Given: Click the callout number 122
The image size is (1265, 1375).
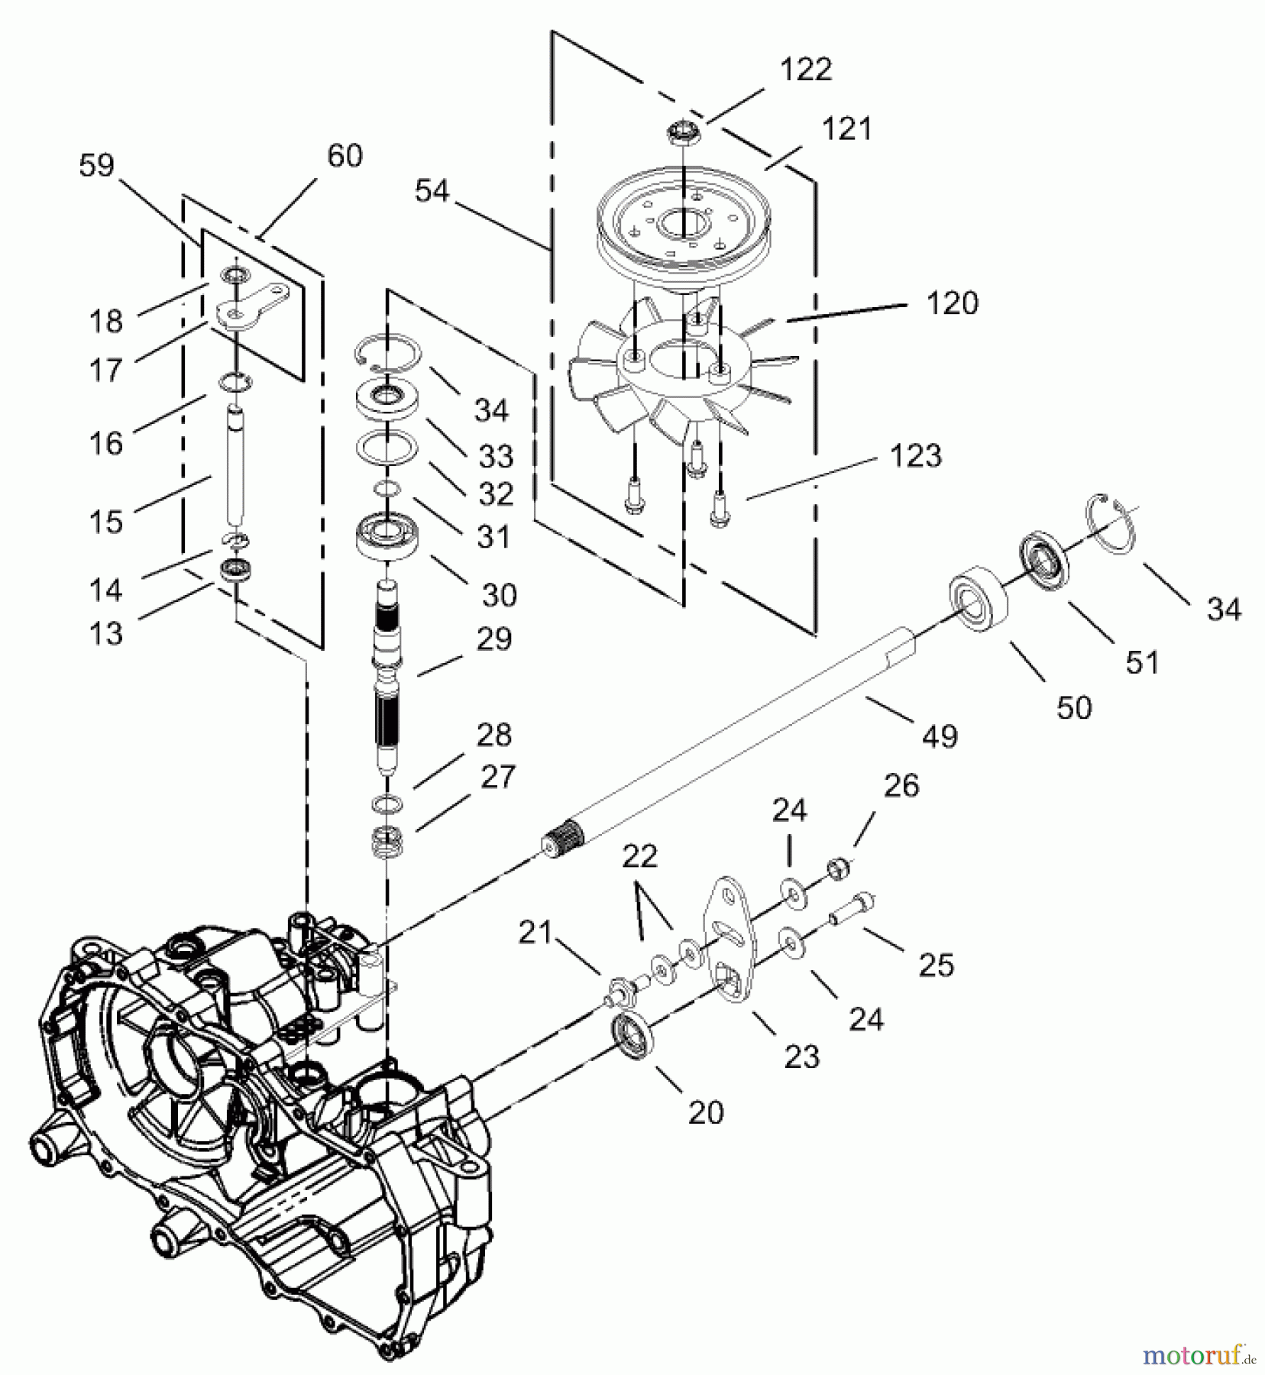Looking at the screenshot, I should tap(805, 70).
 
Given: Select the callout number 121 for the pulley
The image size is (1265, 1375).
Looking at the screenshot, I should tap(846, 128).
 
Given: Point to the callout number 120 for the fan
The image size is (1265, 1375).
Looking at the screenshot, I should tap(952, 303).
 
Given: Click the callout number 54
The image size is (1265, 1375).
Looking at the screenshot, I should tap(432, 190).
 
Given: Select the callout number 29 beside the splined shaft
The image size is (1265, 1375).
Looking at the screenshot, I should tap(493, 639).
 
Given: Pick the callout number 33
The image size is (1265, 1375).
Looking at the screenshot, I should tap(496, 457).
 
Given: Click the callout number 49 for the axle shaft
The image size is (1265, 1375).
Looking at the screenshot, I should tap(939, 736).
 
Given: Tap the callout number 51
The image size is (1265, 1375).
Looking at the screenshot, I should tap(1142, 662).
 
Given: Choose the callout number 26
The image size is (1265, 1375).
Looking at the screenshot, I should tap(901, 785).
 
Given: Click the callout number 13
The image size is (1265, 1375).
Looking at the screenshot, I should tap(105, 632).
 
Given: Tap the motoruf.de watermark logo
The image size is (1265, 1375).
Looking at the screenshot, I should tap(1199, 1356).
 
